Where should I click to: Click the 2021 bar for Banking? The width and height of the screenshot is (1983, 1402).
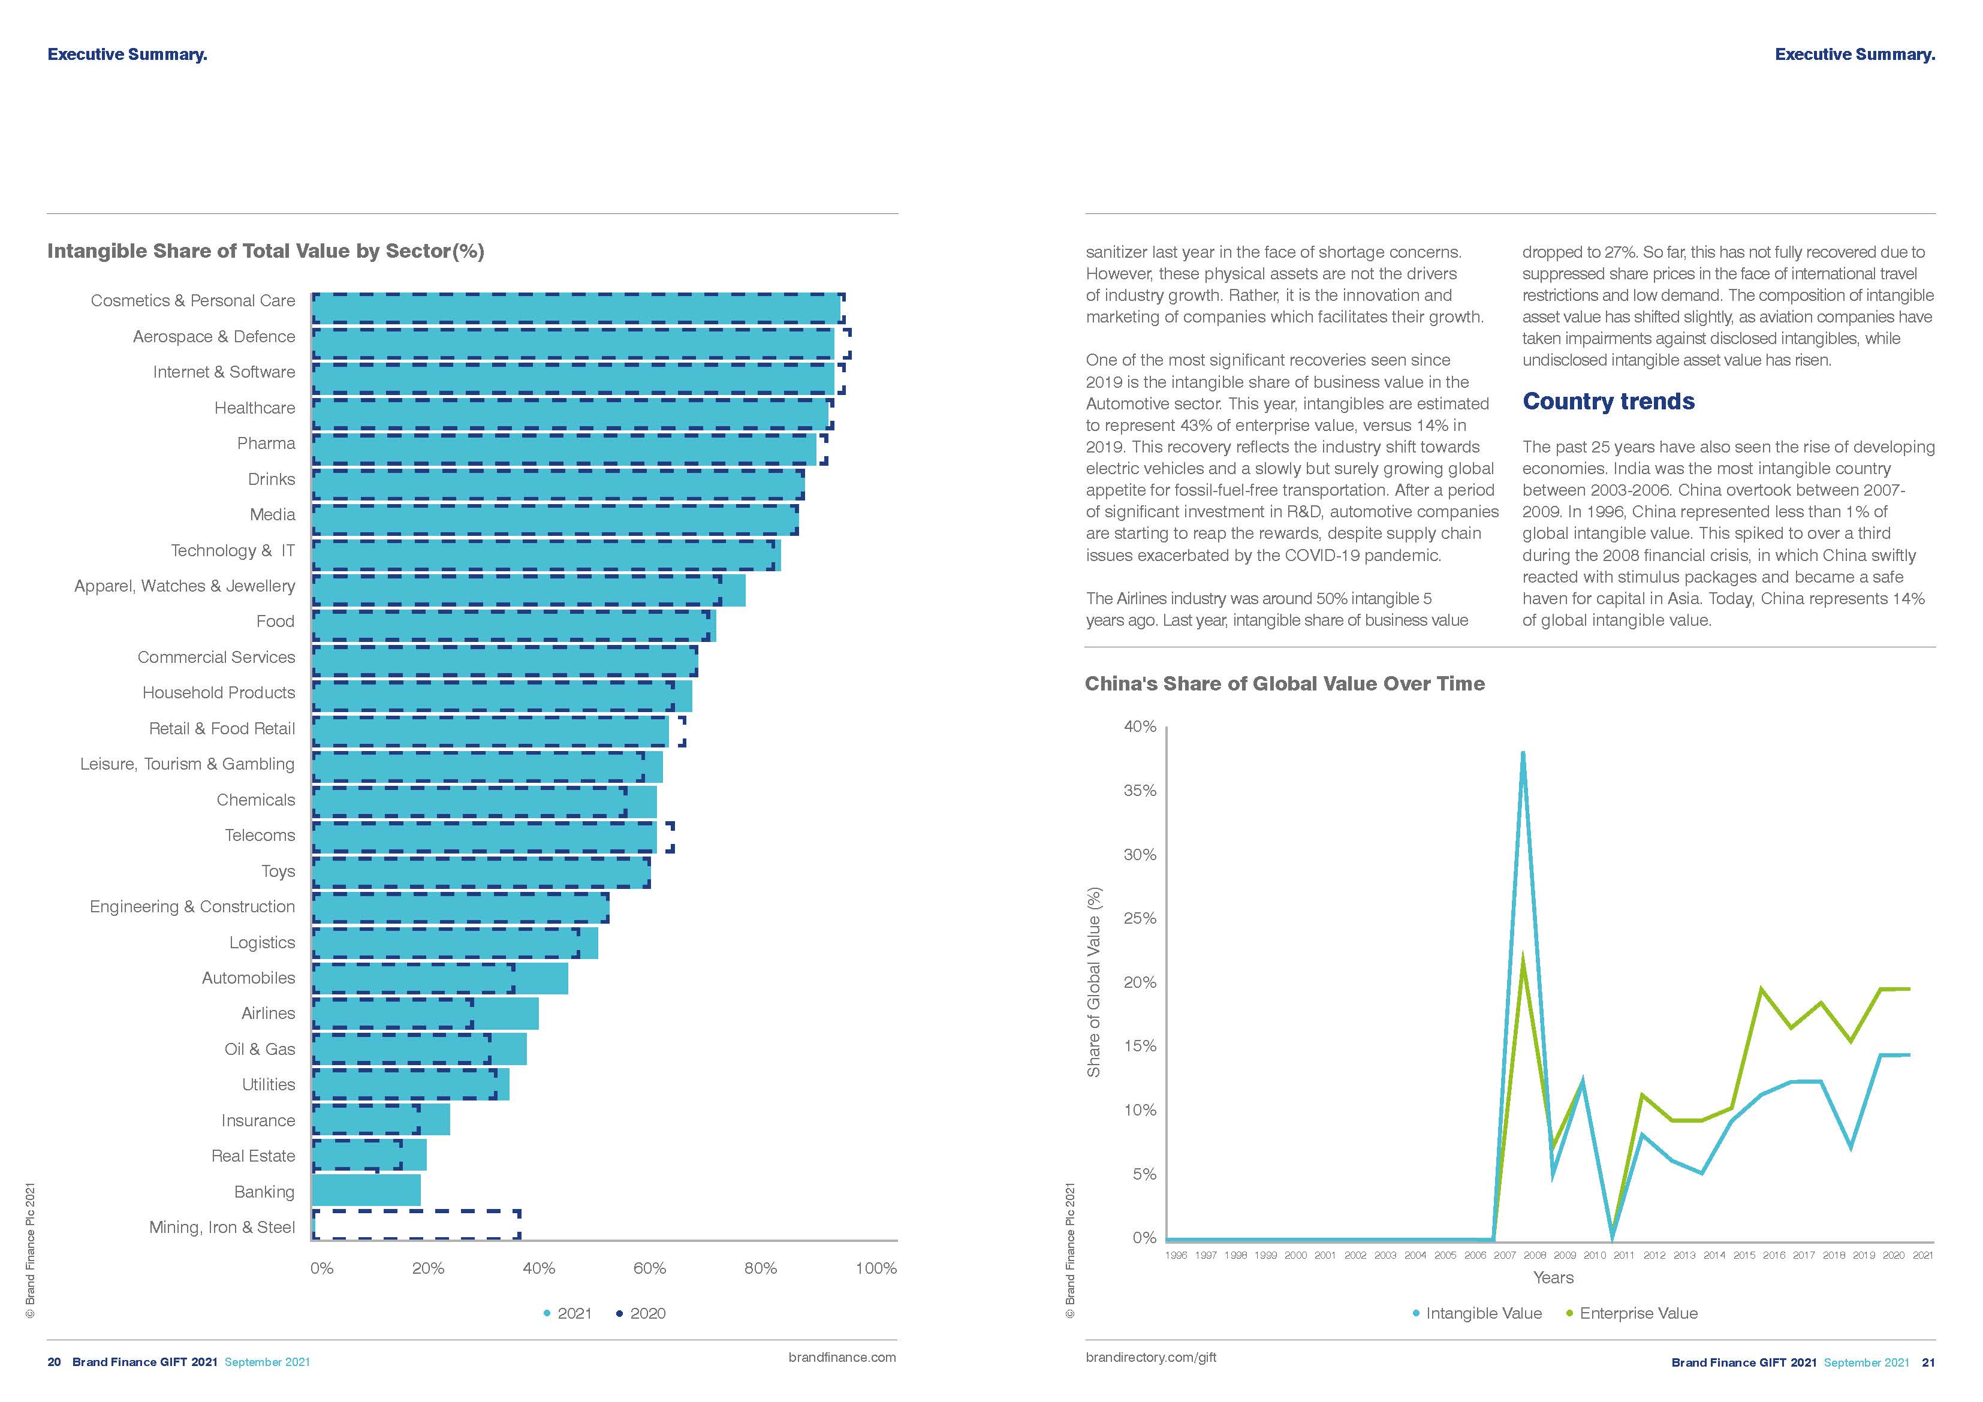366,1190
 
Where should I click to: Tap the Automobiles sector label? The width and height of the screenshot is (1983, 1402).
248,978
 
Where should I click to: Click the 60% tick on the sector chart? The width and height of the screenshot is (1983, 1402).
649,1268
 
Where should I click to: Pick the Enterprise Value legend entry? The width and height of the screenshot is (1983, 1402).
1632,1313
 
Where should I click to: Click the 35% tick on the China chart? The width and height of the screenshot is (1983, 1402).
1140,791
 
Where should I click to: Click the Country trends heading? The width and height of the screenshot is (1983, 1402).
1608,402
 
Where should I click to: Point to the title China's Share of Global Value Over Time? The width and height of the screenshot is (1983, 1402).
1284,683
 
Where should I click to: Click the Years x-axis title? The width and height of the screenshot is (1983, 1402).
1553,1277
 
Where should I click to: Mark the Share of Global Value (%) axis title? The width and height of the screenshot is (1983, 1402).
1093,982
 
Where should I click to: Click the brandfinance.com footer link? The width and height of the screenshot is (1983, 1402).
842,1357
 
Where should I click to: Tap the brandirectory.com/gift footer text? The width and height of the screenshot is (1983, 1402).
1150,1357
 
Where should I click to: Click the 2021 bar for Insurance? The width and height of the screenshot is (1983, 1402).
380,1120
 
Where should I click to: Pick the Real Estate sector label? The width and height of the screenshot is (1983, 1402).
253,1156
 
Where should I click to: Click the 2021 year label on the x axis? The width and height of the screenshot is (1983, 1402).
1922,1255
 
